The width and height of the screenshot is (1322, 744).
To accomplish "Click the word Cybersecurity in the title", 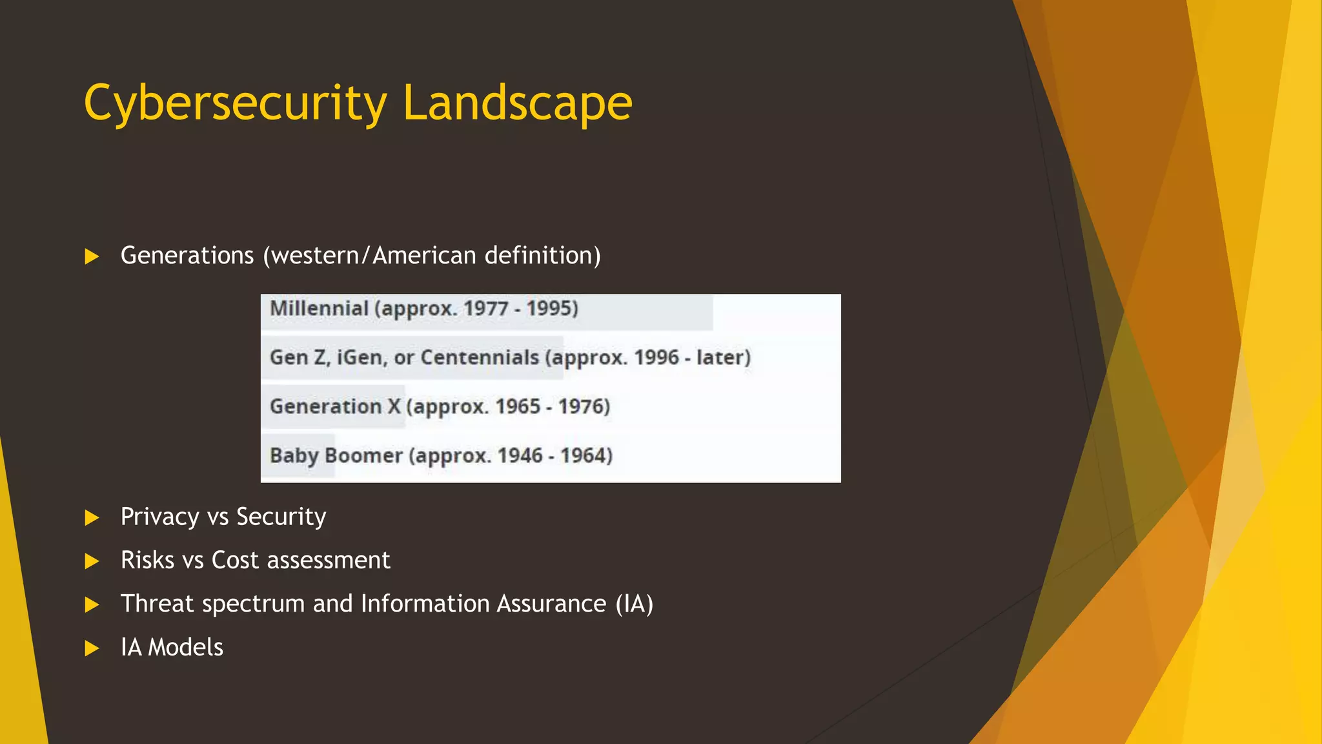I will click(x=236, y=103).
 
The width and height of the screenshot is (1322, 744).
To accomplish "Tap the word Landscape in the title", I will click(x=517, y=103).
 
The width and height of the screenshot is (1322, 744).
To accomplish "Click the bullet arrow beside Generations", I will click(x=92, y=257).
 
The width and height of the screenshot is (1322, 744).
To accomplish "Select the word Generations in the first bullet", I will click(x=187, y=256).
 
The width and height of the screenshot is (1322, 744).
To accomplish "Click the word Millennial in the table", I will click(x=319, y=309).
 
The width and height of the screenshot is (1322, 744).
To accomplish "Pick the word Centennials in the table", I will click(x=480, y=357).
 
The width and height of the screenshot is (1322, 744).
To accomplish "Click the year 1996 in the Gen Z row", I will click(x=656, y=357).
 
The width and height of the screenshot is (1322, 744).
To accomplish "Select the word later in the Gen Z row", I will click(x=720, y=357).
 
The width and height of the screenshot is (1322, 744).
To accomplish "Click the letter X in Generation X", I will click(x=394, y=406).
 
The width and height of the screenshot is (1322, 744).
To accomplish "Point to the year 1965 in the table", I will click(x=518, y=406).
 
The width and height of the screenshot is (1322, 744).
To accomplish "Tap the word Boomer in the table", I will click(x=364, y=455).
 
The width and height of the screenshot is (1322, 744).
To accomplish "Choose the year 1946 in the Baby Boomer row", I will click(x=520, y=455).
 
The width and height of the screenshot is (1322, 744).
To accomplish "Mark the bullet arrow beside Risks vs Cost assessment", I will click(x=92, y=561).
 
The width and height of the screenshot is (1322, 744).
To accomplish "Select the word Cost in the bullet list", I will click(x=235, y=560).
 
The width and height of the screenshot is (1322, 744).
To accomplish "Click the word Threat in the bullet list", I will click(x=158, y=604).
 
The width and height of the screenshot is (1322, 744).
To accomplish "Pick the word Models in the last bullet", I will click(x=186, y=647).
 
